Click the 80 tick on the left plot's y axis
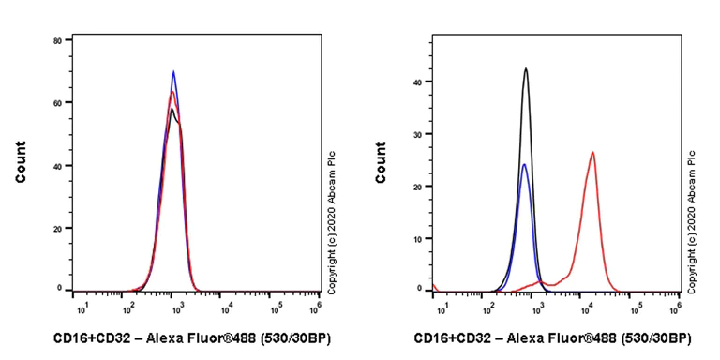click(58, 40)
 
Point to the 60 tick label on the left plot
click(58, 102)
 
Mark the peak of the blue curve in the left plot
click(173, 71)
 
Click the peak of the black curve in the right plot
click(526, 68)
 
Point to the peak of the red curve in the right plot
click(592, 152)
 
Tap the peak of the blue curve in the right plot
click(524, 165)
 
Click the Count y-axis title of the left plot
click(21, 161)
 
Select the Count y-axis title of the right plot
click(381, 161)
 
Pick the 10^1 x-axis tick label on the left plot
click(80, 306)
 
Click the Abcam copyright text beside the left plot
click(332, 212)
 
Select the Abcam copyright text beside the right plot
click(692, 221)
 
